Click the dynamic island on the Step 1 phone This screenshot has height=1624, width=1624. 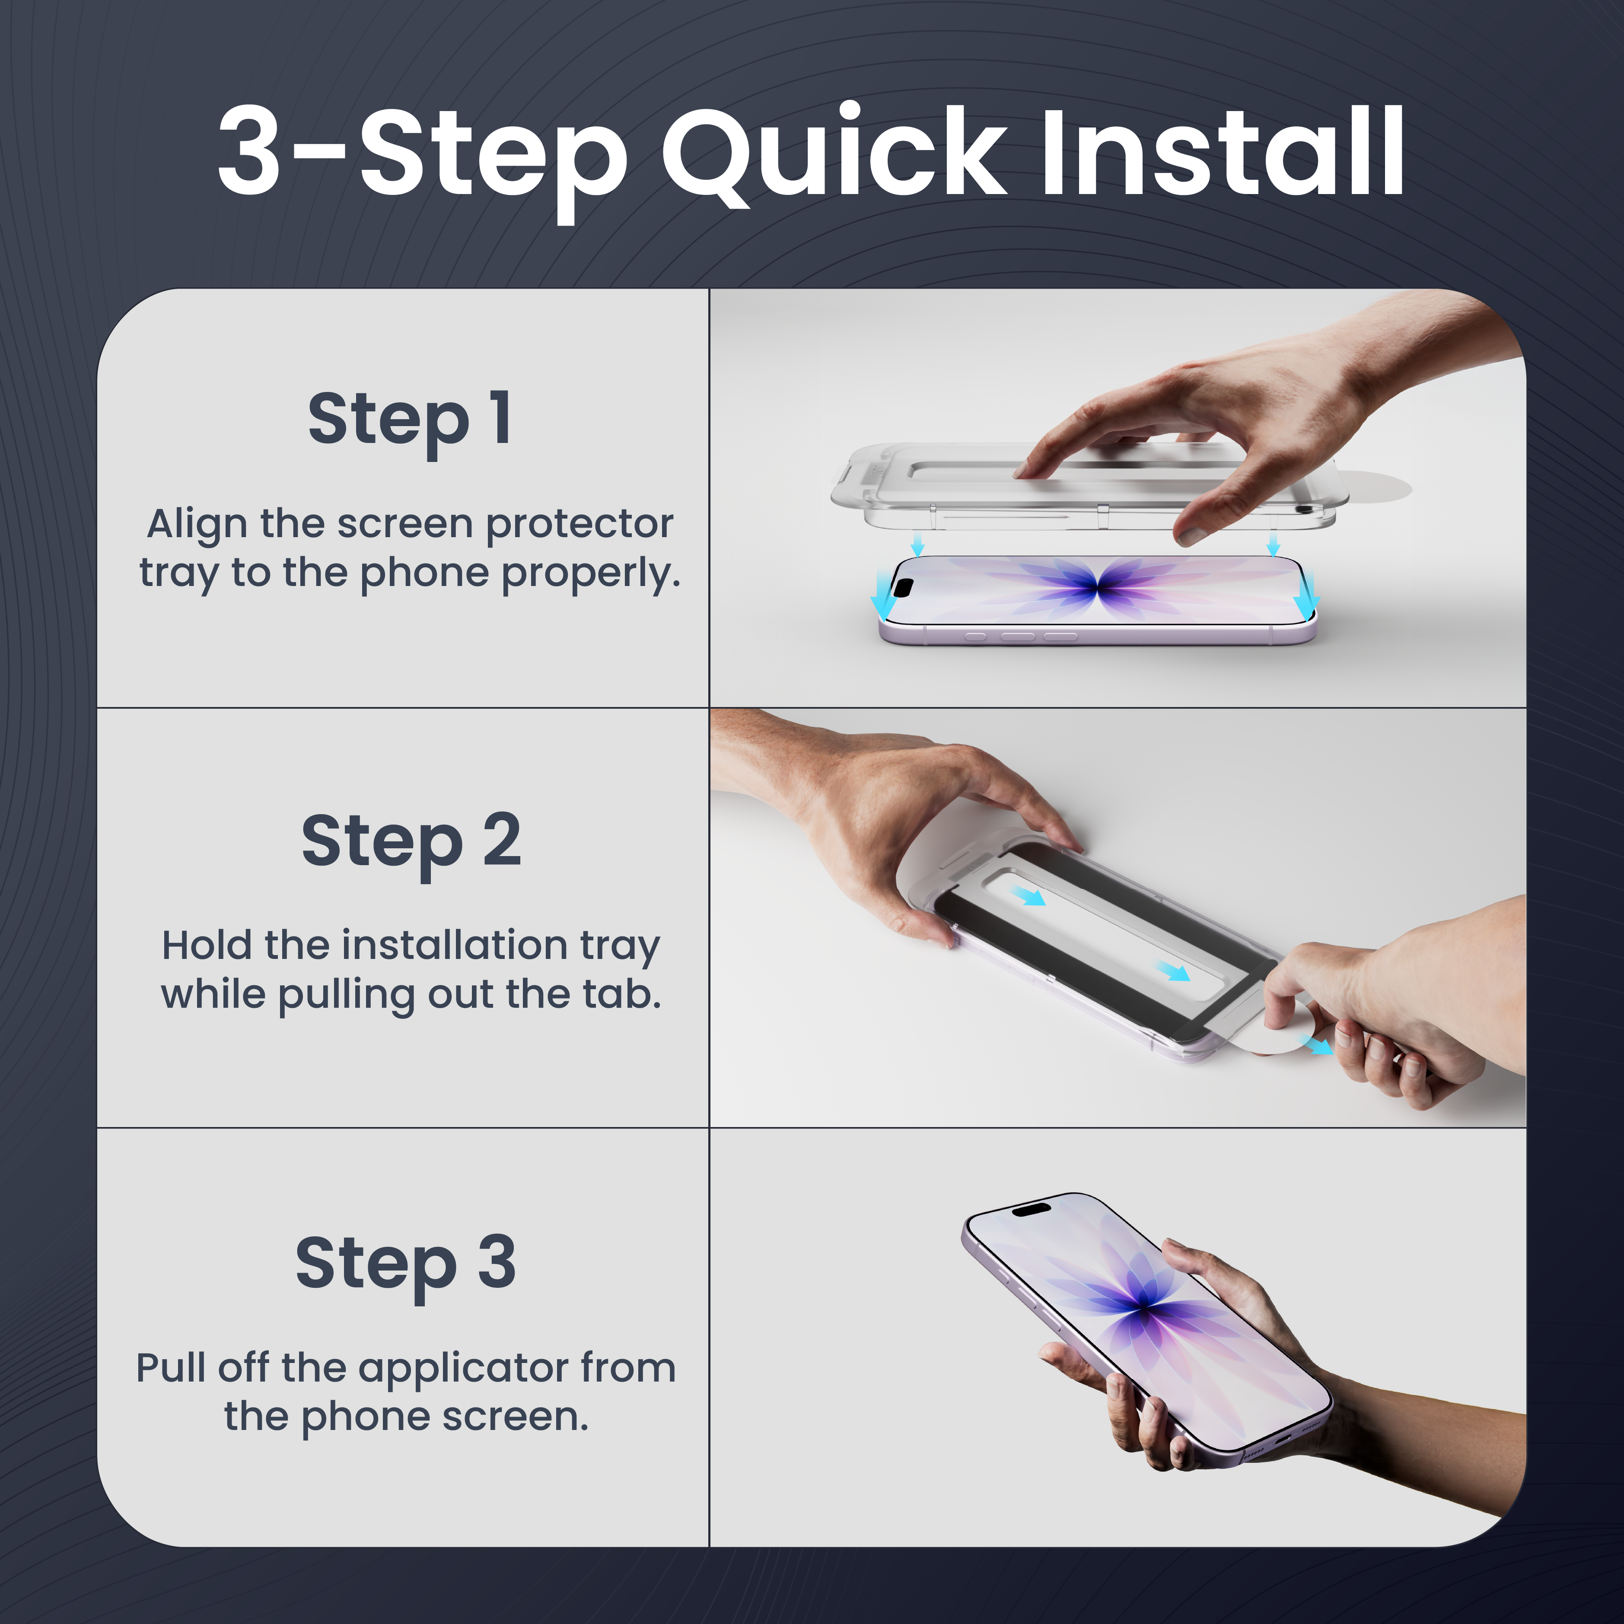tap(902, 586)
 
